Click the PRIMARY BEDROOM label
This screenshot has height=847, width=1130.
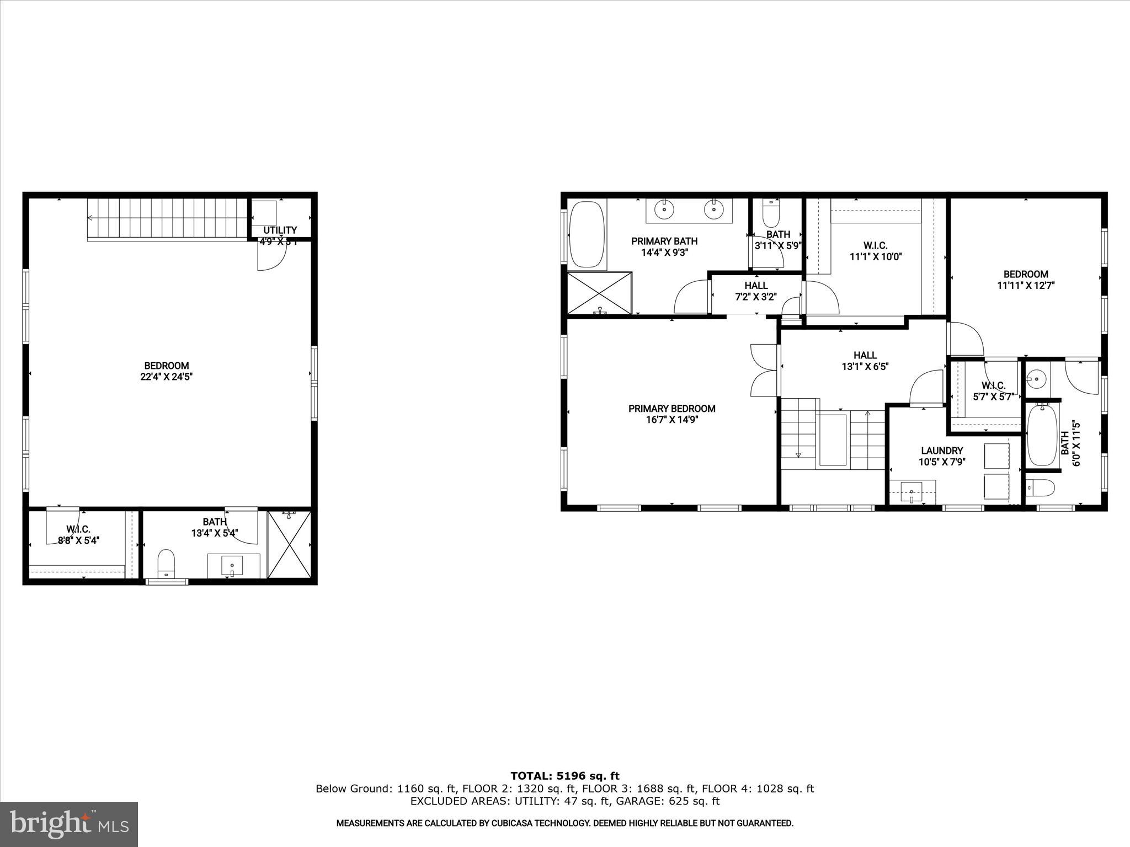[671, 409]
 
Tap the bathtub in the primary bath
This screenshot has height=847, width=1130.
[587, 234]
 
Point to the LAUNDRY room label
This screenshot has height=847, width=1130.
[942, 451]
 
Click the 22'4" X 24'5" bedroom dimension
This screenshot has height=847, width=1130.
[166, 377]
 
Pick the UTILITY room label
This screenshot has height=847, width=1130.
[280, 230]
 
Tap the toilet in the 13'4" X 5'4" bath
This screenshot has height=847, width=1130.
[166, 563]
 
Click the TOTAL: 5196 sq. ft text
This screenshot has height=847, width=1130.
[564, 776]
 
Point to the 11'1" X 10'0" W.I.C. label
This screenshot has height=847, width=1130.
[875, 256]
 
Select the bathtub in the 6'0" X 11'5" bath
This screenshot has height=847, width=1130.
[1042, 435]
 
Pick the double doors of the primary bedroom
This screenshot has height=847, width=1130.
[764, 370]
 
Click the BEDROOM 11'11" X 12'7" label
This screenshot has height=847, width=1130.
[1025, 280]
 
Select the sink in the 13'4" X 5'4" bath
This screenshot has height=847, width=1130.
[232, 565]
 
